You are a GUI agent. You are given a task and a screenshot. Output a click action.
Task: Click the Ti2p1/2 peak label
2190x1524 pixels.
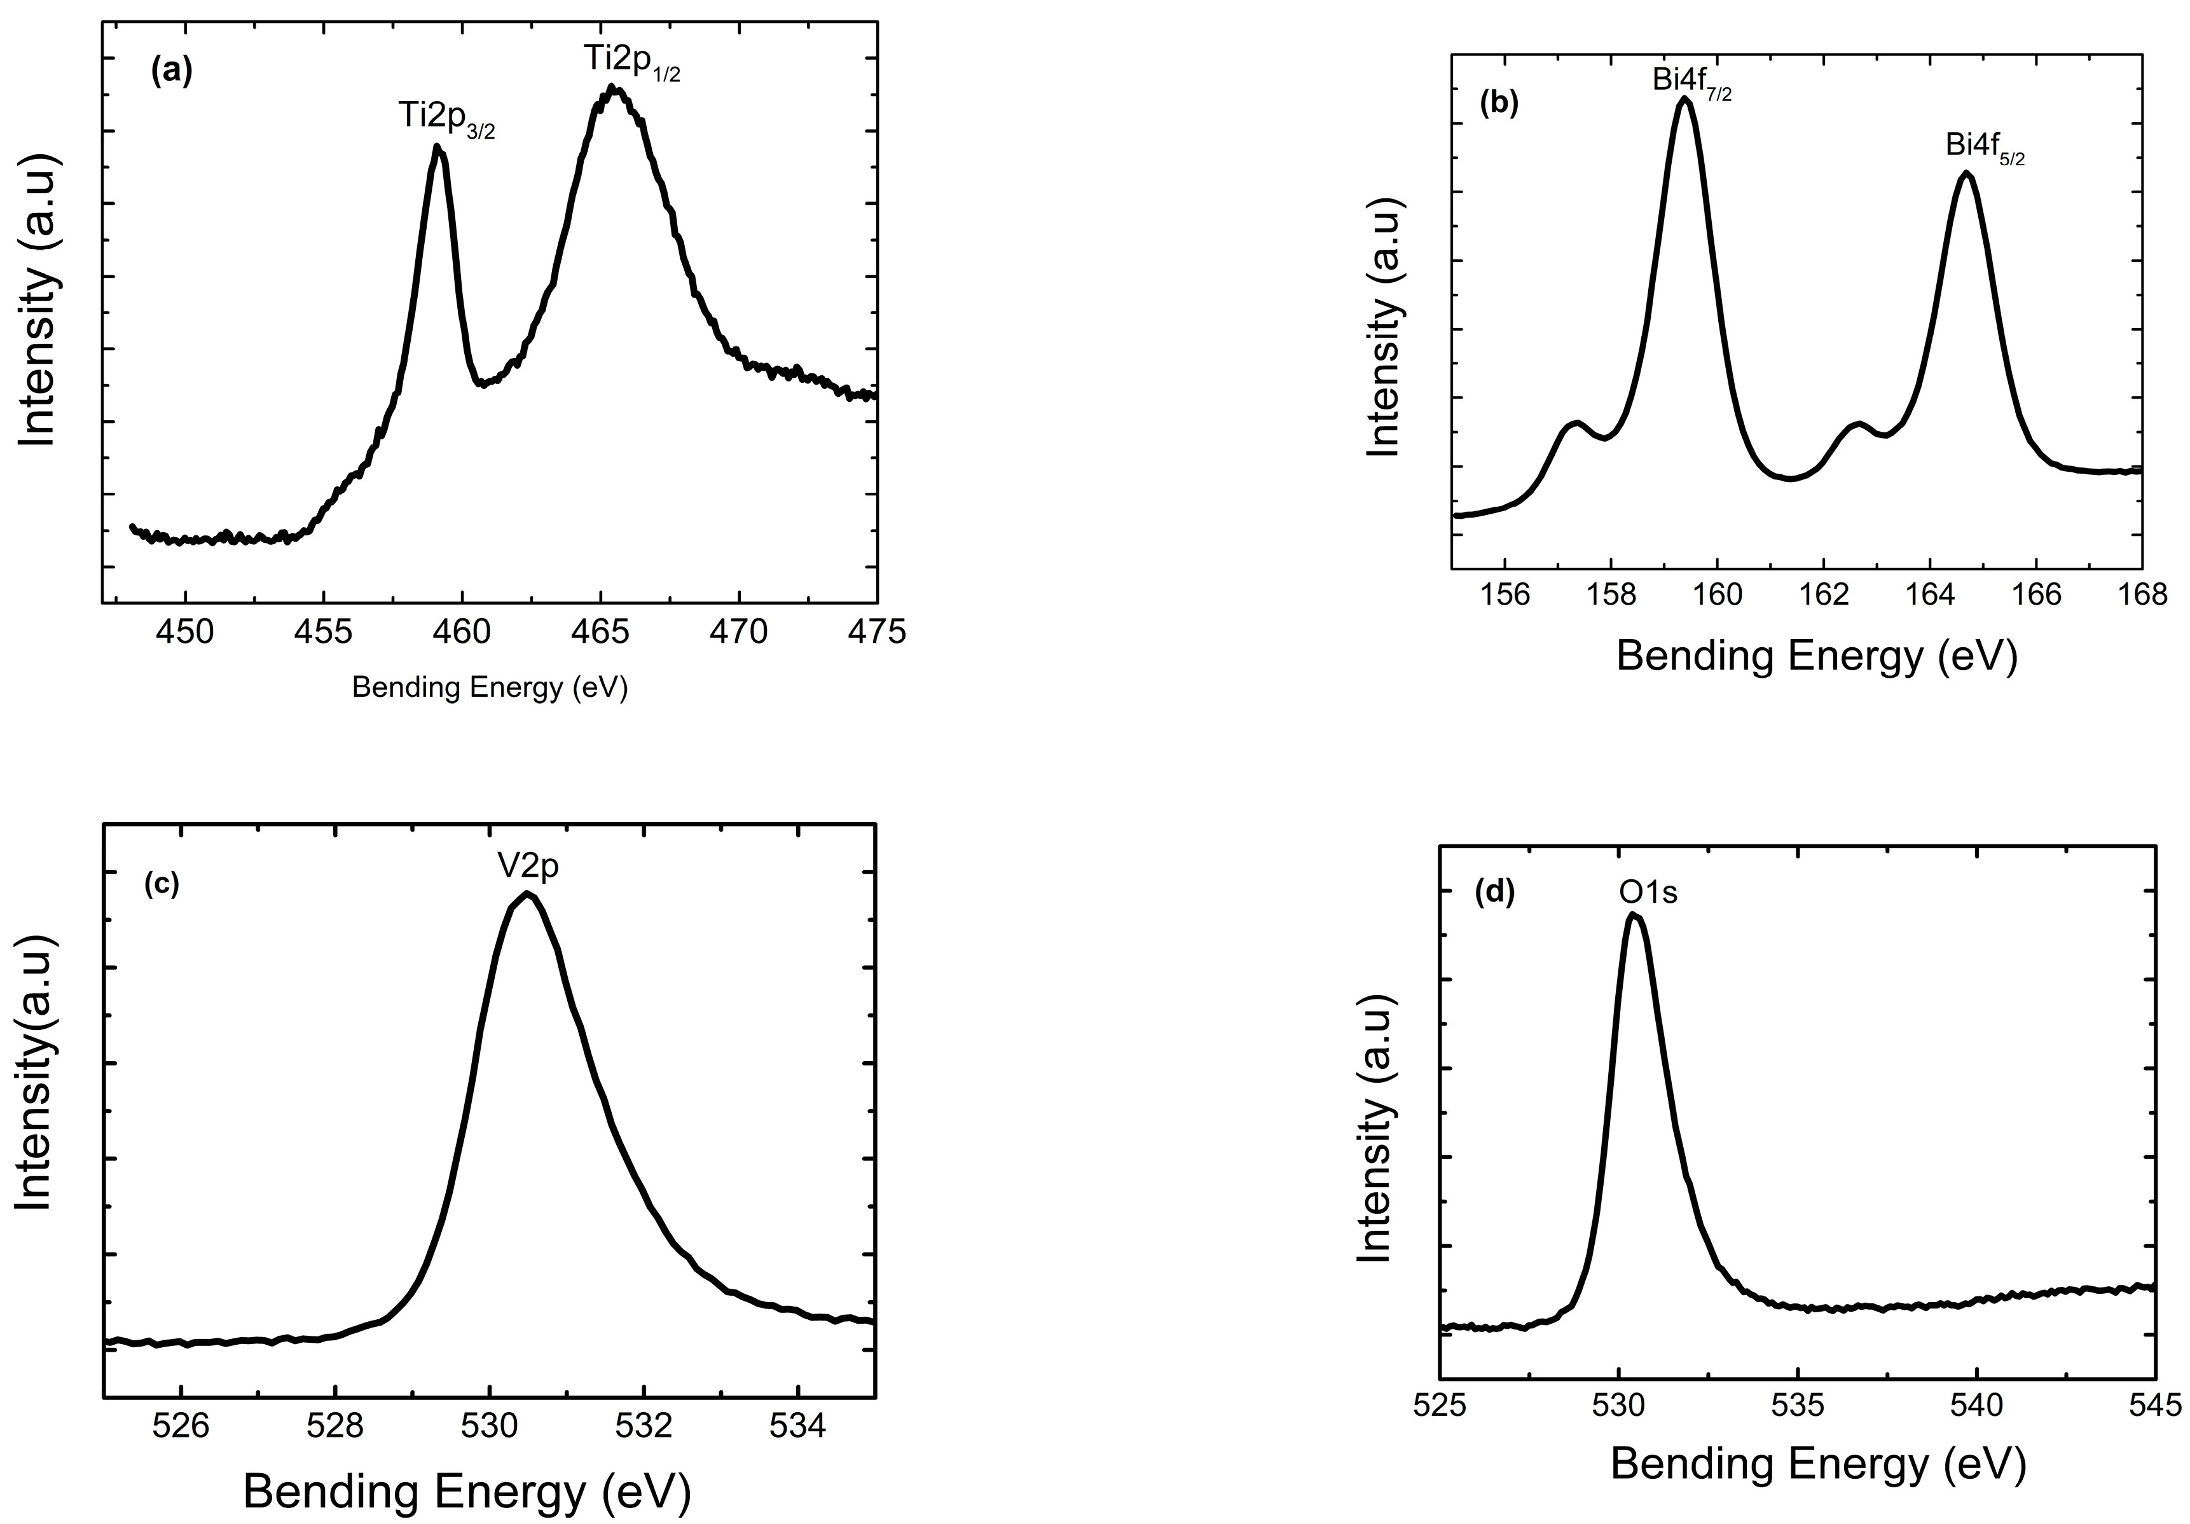point(632,62)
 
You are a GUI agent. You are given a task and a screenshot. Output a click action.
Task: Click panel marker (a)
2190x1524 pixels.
point(172,71)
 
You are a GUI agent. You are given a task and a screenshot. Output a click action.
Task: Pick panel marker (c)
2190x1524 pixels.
point(162,884)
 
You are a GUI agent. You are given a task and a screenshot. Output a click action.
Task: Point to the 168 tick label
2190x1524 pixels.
point(2142,595)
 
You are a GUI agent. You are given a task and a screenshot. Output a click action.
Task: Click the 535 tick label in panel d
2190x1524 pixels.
point(1798,1405)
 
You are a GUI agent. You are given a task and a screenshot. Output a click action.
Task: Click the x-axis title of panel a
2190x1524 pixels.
point(490,688)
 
